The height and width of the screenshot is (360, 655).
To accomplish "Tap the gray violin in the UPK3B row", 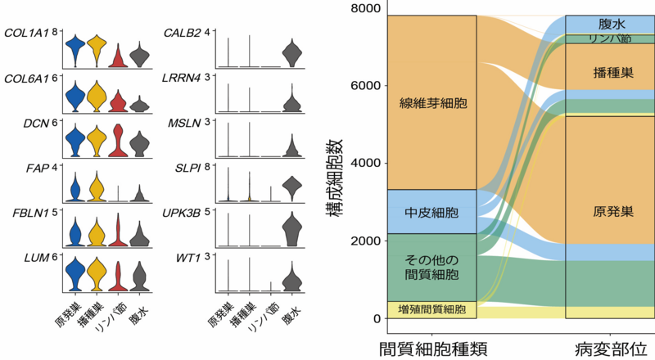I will point(291,231).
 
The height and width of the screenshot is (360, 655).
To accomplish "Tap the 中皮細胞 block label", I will point(432,213).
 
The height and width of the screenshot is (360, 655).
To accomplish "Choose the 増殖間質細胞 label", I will point(431,310).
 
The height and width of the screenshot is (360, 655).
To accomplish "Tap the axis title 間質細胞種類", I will point(434,347).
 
